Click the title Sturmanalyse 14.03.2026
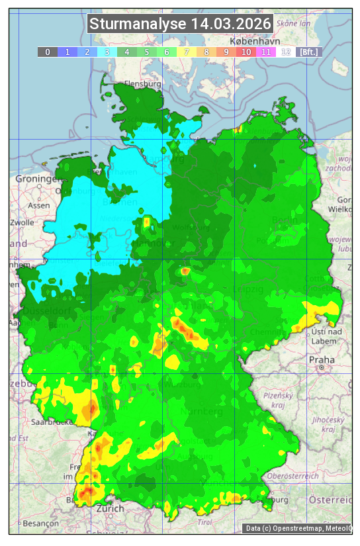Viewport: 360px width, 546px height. point(180,24)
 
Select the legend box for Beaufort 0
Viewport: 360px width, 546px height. point(48,51)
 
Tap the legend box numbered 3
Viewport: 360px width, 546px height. point(107,51)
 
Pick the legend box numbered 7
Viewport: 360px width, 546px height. point(187,51)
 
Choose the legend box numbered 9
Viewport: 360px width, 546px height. point(226,51)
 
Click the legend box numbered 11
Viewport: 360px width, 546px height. point(266,51)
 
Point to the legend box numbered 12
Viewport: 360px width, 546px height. point(286,51)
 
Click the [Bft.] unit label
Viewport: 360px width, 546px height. point(308,51)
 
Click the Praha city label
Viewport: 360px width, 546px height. point(321,359)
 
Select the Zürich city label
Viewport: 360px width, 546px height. point(110,508)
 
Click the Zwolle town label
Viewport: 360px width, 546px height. point(22,222)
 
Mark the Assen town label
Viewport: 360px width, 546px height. point(39,205)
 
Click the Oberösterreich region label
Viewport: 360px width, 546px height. point(293,475)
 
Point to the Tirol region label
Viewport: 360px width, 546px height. point(204,522)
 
